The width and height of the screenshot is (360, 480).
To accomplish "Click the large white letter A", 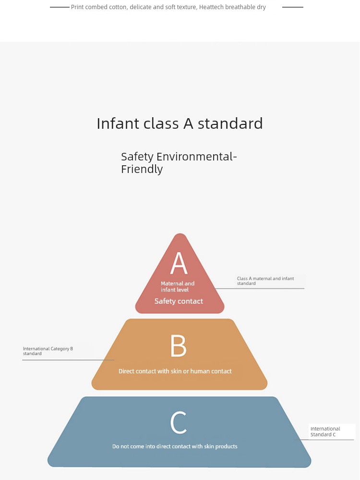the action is tap(179, 263).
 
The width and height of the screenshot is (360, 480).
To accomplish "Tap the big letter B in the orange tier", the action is tap(178, 345).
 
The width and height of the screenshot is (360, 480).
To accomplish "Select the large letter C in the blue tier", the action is tap(178, 422).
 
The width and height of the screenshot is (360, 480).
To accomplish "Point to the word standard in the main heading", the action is tap(230, 123).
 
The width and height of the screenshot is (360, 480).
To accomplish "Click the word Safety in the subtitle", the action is tap(137, 157).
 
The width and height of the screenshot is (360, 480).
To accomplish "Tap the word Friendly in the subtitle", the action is tap(142, 169).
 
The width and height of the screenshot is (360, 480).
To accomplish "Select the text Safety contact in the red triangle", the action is tap(179, 301).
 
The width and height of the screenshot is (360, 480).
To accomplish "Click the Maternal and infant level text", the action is tap(178, 286).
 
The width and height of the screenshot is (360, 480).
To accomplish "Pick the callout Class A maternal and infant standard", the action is tap(265, 281).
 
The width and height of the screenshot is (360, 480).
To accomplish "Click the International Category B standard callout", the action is tap(48, 351).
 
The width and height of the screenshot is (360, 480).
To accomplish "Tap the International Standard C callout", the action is tap(325, 431).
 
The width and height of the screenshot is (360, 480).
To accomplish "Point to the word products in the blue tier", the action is tap(226, 446).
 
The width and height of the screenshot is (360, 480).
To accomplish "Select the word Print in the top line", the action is tap(77, 7).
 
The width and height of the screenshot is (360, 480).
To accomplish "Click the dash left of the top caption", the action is tap(60, 7).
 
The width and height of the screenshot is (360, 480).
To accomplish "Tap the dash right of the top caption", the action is tap(293, 7).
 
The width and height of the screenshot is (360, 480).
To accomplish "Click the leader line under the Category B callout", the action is tap(68, 360).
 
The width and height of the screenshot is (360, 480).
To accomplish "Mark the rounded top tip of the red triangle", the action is tap(180, 234).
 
